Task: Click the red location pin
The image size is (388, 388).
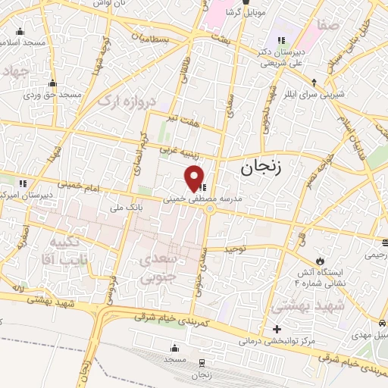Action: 195,177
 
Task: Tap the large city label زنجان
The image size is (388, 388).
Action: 260,167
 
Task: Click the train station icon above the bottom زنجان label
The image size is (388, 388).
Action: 202,363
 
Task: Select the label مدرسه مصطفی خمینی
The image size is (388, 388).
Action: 206,199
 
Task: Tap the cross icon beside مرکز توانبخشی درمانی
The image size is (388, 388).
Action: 277,330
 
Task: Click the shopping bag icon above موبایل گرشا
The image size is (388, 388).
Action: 245,3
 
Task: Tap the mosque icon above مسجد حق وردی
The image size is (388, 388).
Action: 52,83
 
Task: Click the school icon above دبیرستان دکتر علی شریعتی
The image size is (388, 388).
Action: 281,39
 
